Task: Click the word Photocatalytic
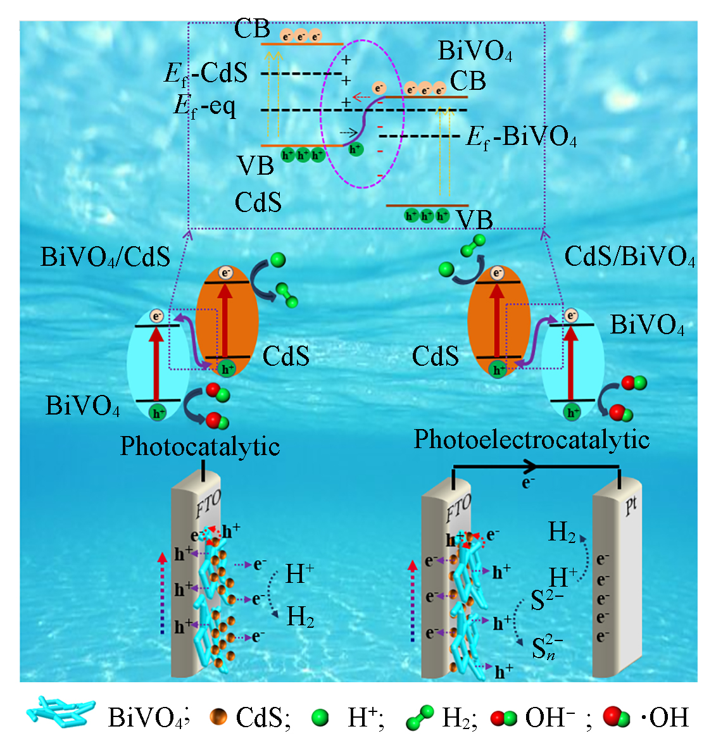tap(200, 446)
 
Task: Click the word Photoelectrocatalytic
tap(531, 439)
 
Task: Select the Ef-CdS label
tap(206, 73)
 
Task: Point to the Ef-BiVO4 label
tap(521, 137)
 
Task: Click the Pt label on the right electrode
tap(631, 506)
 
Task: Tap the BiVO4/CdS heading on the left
tap(105, 257)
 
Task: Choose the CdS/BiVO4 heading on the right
tap(629, 257)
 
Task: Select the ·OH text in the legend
tap(665, 718)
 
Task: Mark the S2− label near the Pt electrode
tap(547, 599)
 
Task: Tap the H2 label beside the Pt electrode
tap(562, 533)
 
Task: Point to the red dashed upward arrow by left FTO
tap(163, 592)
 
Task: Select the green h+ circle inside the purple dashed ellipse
tap(356, 149)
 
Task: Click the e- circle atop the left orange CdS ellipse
tap(225, 273)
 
